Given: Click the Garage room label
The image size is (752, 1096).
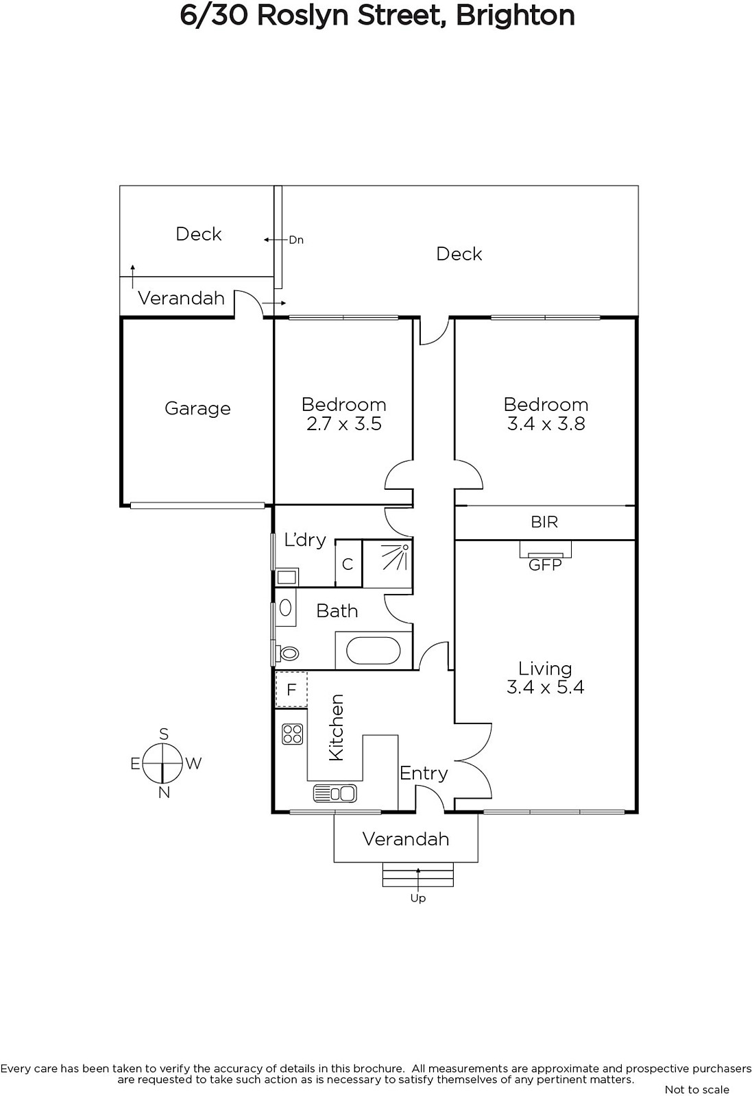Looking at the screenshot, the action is click(x=197, y=408).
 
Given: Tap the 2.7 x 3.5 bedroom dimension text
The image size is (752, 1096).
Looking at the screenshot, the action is click(x=343, y=424).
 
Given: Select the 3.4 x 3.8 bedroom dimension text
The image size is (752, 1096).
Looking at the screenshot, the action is click(x=546, y=424).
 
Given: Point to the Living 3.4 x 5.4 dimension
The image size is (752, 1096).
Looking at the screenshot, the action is click(x=546, y=687).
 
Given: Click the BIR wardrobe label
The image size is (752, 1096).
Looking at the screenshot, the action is click(x=544, y=522).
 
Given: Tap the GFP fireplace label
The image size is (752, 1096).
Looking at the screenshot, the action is click(x=545, y=566).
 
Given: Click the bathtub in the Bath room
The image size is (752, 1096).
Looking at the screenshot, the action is click(x=373, y=651).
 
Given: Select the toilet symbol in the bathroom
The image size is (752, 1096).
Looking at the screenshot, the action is click(x=287, y=653).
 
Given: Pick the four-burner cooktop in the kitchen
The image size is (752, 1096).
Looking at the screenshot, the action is click(x=292, y=734).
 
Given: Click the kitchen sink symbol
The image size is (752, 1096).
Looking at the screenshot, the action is click(x=335, y=793).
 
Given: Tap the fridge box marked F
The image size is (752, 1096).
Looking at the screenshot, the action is click(x=291, y=689).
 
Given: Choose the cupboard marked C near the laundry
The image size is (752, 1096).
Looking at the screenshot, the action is click(x=348, y=564).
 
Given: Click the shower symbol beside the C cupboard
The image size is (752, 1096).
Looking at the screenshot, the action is click(x=387, y=564).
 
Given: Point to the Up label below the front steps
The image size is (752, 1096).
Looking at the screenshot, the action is click(x=418, y=898).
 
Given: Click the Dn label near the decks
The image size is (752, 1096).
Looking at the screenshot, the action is click(x=296, y=240).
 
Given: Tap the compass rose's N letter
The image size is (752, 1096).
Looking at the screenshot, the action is click(x=164, y=793).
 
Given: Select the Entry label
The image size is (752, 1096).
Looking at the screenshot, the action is click(x=424, y=773).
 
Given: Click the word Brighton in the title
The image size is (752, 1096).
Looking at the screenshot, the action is click(x=515, y=16).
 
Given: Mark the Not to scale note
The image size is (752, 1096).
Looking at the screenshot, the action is click(x=696, y=1090).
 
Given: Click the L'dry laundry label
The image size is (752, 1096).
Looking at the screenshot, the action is click(x=305, y=540).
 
